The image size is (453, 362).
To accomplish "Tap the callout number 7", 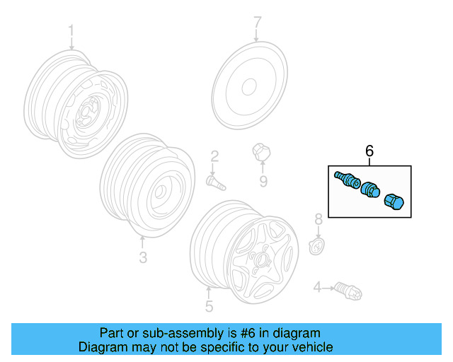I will (258, 22).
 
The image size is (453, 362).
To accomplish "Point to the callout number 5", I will (209, 306).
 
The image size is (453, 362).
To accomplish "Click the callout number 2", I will (214, 156).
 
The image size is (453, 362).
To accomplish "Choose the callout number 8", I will (319, 218).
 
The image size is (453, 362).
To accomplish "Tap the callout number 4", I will (318, 286).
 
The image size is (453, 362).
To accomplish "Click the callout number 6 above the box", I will (369, 151).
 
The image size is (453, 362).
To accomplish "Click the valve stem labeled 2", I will (214, 182).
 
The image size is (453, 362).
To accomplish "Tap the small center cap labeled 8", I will (318, 246).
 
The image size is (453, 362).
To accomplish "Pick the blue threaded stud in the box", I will (345, 180).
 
